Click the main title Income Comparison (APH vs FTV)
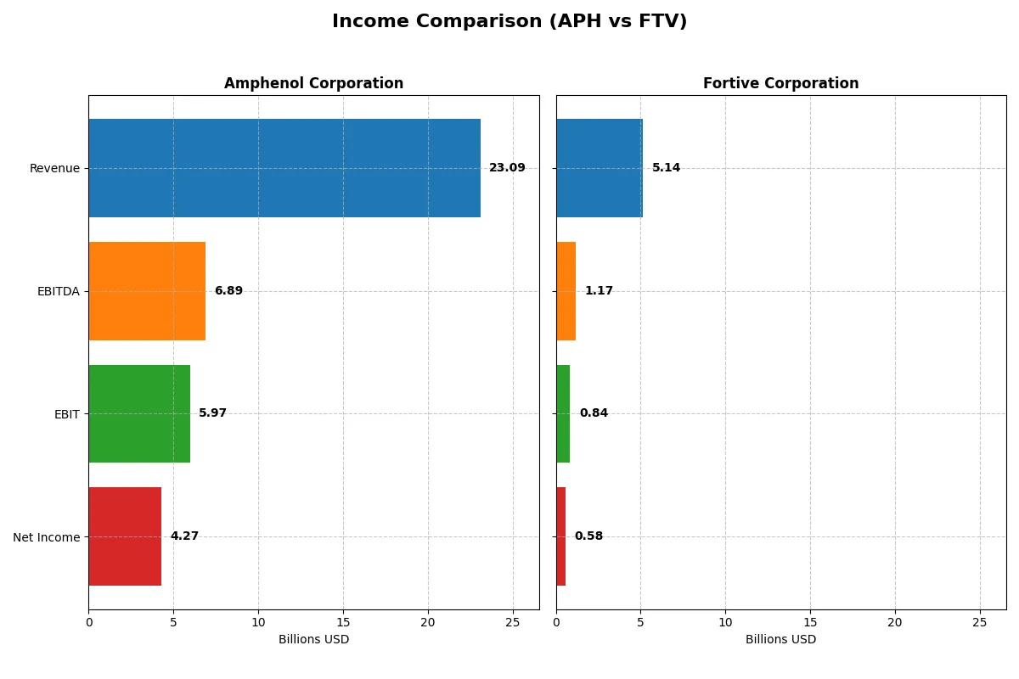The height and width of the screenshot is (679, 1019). [x=509, y=22]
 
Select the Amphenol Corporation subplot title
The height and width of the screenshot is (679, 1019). [x=313, y=83]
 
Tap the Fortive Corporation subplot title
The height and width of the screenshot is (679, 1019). [x=780, y=83]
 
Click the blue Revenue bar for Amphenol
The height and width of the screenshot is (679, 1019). [x=284, y=168]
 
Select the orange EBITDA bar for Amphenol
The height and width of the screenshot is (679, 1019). [x=147, y=291]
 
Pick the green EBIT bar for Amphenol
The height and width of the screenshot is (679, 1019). [x=139, y=413]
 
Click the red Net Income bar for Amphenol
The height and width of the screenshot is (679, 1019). [x=125, y=536]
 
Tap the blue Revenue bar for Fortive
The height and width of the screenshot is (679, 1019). [x=600, y=168]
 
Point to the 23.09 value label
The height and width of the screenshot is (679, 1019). [x=507, y=168]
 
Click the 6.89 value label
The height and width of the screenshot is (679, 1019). [x=228, y=291]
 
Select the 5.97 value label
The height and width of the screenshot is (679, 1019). [x=212, y=413]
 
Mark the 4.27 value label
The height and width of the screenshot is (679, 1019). [x=184, y=536]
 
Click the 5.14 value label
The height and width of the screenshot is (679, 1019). [x=666, y=168]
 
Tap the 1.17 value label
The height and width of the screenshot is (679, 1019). [x=599, y=291]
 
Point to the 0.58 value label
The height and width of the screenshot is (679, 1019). [x=588, y=536]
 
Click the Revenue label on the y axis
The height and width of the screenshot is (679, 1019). [x=54, y=168]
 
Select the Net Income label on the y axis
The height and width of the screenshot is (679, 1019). [x=47, y=536]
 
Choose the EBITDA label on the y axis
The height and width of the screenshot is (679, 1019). [x=58, y=291]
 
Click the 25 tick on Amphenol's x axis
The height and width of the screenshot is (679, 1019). [x=512, y=622]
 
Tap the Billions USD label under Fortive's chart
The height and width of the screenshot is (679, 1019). [x=780, y=640]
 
